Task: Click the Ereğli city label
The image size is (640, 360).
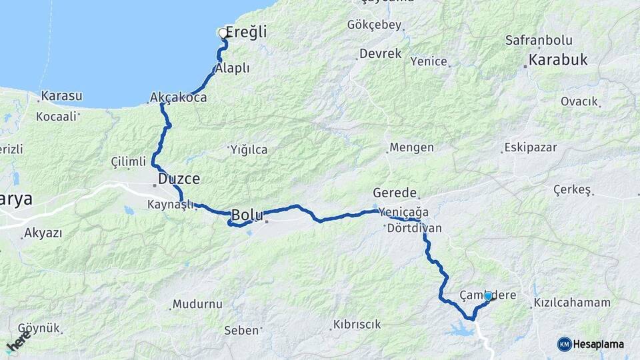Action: point(247,32)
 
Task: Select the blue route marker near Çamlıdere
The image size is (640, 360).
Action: point(488,296)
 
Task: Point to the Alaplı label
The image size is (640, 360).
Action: point(233,68)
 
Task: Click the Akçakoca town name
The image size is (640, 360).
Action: point(179,97)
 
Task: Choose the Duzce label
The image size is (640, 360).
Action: point(179,179)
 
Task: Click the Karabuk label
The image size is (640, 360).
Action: point(558,60)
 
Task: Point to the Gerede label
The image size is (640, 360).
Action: point(394,192)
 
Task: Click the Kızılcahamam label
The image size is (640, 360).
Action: point(572,303)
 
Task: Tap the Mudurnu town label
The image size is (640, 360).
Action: point(197,304)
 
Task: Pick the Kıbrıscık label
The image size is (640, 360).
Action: point(356,325)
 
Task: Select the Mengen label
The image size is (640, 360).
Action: point(411,147)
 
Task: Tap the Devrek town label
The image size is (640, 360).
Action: point(380,53)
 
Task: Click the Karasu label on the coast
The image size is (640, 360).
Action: point(61,96)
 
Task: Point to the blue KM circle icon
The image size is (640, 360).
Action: point(565,344)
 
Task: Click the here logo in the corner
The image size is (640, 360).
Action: point(18,344)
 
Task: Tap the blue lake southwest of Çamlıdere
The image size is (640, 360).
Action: point(460,329)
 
